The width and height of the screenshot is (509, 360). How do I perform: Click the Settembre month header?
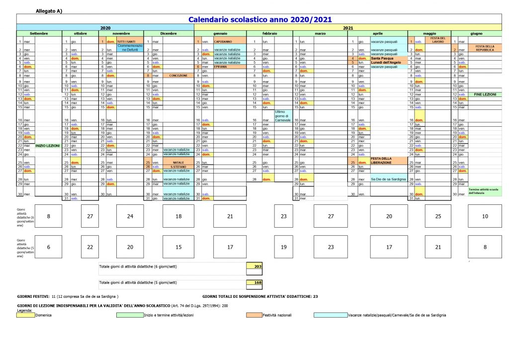click(x=39, y=33)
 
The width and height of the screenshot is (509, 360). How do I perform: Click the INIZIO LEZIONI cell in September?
click(x=48, y=146)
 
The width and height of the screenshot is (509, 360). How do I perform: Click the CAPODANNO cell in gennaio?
click(x=223, y=42)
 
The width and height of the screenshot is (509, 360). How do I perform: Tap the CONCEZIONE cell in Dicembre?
click(x=177, y=75)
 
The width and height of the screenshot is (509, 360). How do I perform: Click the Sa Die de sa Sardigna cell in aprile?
click(x=388, y=179)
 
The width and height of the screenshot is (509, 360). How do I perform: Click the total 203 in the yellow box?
click(x=257, y=267)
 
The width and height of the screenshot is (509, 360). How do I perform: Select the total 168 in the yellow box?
click(x=257, y=282)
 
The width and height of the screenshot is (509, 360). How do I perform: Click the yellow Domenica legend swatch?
click(x=26, y=315)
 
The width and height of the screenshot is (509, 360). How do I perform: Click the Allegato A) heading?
click(x=49, y=10)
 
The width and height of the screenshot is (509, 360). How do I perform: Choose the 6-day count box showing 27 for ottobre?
click(x=90, y=217)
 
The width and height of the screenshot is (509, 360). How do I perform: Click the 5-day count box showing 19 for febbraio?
click(x=284, y=247)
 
